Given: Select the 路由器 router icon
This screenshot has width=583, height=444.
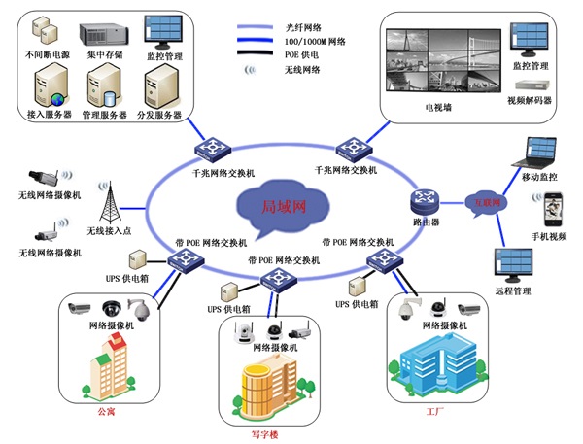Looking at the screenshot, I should click(425, 201).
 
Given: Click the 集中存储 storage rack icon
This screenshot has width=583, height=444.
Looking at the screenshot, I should click(102, 30).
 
